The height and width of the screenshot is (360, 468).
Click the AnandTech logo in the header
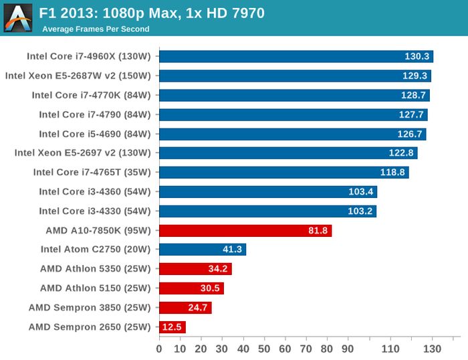pos(18,18)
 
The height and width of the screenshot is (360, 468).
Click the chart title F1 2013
pos(152,13)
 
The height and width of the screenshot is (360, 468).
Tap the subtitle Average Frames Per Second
pos(96,29)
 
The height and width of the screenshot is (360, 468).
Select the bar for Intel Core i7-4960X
pos(296,56)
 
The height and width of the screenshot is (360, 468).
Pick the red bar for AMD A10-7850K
pos(245,231)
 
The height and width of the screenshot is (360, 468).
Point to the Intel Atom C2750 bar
pos(202,250)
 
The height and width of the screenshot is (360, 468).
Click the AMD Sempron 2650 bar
pos(172,327)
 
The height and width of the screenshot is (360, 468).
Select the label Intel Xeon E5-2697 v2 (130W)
pos(83,153)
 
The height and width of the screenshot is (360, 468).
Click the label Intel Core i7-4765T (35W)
pos(92,173)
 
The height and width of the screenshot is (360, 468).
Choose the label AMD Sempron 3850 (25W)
pos(90,308)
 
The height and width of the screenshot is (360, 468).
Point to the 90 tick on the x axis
pos(348,349)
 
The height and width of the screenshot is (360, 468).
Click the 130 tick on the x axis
pos(433,349)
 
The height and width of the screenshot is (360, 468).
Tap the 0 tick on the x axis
pos(159,349)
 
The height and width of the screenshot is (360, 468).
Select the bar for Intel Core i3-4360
pos(267,192)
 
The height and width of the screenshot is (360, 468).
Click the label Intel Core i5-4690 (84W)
pos(95,134)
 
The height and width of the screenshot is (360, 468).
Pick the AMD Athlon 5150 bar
pos(191,288)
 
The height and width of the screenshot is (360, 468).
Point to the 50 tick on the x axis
pos(264,349)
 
